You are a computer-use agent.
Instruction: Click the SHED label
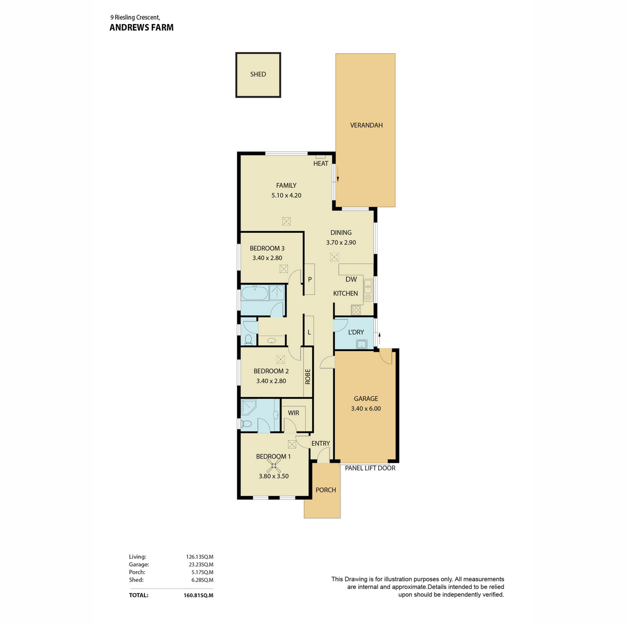pyautogui.click(x=258, y=74)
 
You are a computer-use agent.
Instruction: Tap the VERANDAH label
pyautogui.click(x=366, y=125)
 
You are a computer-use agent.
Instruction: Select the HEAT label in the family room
pyautogui.click(x=321, y=163)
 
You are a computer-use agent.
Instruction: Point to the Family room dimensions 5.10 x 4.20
pyautogui.click(x=286, y=195)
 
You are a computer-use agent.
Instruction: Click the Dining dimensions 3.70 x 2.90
pyautogui.click(x=341, y=243)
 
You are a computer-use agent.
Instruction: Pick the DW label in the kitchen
pyautogui.click(x=351, y=279)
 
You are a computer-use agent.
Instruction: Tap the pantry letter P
pyautogui.click(x=310, y=280)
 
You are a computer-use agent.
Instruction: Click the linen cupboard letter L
pyautogui.click(x=309, y=332)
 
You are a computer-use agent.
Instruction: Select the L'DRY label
pyautogui.click(x=356, y=332)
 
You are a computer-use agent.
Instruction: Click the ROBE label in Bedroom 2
pyautogui.click(x=308, y=377)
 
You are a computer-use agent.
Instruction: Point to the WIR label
pyautogui.click(x=293, y=413)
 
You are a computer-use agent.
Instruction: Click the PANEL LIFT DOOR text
pyautogui.click(x=370, y=468)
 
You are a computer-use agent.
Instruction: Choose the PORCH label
pyautogui.click(x=326, y=490)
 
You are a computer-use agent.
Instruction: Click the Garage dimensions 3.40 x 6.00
pyautogui.click(x=366, y=408)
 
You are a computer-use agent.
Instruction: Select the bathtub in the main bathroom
pyautogui.click(x=255, y=293)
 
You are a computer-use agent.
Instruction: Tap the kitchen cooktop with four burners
pyautogui.click(x=356, y=310)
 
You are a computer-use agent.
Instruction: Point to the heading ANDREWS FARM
pyautogui.click(x=141, y=27)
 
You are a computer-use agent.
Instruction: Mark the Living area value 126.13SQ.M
pyautogui.click(x=199, y=557)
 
